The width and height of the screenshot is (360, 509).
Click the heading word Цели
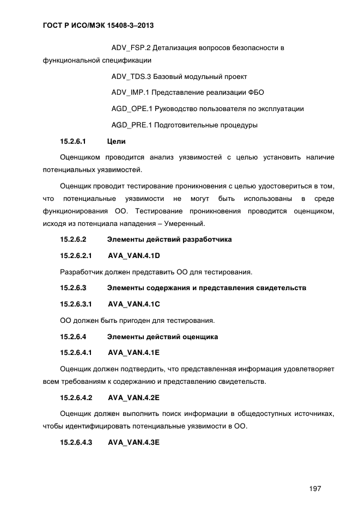tap(117, 142)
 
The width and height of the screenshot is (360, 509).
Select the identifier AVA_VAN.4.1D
tap(134, 255)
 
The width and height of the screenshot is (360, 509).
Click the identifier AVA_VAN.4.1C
tap(134, 304)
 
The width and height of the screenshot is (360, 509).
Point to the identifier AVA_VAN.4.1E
tap(134, 353)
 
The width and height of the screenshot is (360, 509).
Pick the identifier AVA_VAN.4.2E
tap(134, 397)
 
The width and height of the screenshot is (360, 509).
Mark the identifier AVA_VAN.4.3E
tap(134, 443)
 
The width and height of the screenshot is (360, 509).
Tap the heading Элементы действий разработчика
tap(169, 239)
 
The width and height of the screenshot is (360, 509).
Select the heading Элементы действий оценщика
tap(162, 337)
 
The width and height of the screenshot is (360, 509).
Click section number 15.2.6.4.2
tap(76, 397)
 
